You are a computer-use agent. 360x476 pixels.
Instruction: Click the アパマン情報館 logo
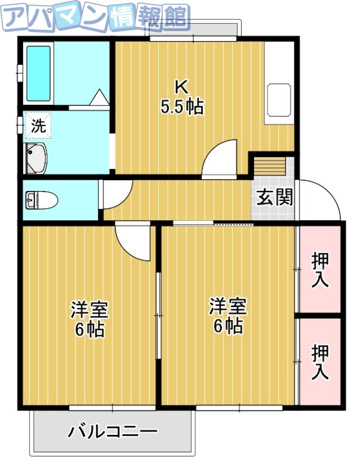(x=95, y=18)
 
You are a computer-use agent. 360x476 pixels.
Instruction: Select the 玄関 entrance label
(x=274, y=197)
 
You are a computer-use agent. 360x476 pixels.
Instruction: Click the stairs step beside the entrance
(x=271, y=164)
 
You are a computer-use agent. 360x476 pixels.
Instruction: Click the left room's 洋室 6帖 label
(x=90, y=318)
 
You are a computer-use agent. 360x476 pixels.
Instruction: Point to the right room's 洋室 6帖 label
(x=227, y=315)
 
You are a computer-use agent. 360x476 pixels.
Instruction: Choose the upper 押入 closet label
(x=320, y=269)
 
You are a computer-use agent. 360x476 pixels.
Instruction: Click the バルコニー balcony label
(x=112, y=431)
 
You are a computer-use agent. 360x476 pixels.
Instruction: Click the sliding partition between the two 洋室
(x=158, y=315)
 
